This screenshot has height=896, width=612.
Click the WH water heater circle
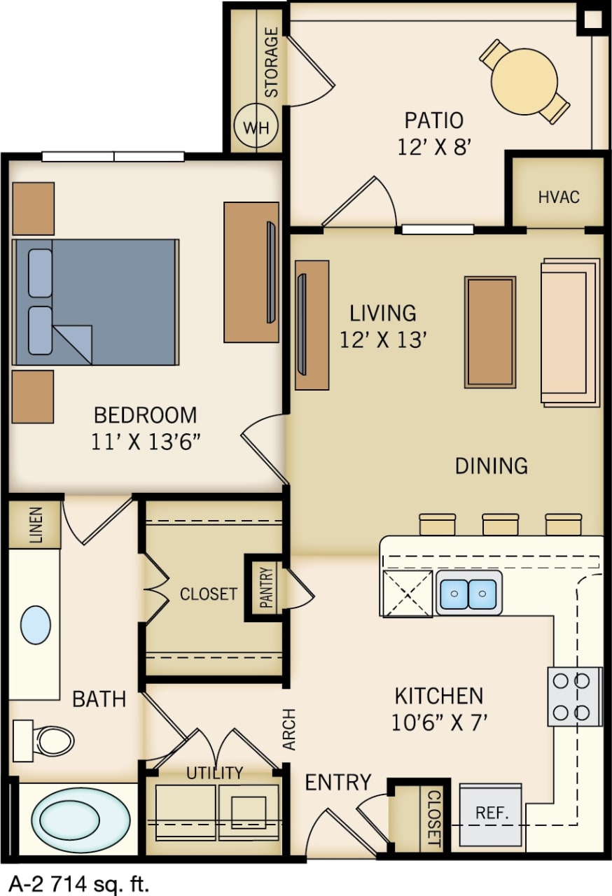point(256,128)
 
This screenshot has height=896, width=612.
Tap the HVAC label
point(559,197)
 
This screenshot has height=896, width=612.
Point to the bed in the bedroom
point(95,302)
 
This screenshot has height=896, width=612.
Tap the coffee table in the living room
point(490,332)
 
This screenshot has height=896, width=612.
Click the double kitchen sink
point(468,593)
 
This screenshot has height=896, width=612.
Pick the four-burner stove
point(574,696)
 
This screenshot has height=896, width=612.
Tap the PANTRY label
point(267,588)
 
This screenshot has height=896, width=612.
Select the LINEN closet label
point(35,525)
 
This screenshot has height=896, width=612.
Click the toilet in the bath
point(45,739)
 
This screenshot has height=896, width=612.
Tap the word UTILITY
point(215,773)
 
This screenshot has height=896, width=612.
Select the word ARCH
point(290,730)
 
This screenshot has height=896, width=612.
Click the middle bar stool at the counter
point(500,524)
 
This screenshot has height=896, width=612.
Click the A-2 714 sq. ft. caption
point(78,883)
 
